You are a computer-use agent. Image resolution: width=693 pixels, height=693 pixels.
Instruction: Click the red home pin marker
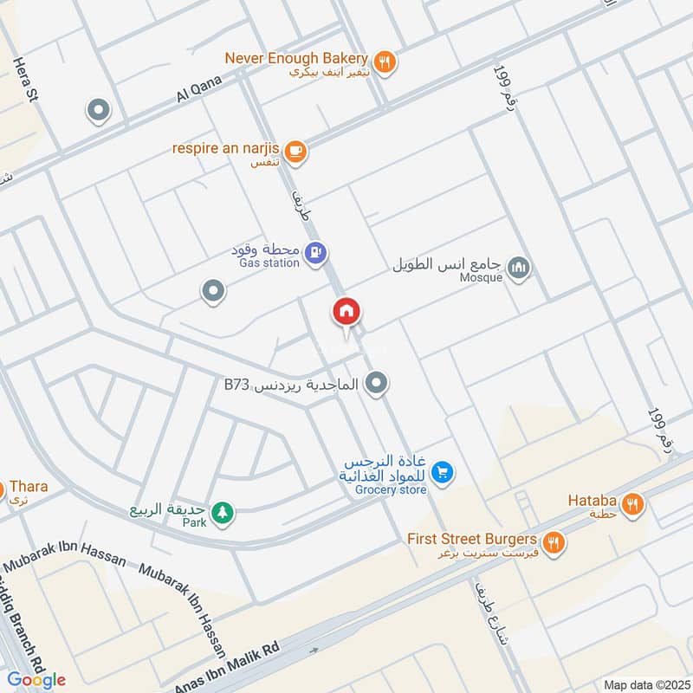(x=346, y=313)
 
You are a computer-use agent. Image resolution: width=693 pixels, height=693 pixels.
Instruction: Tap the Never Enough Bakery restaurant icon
(x=385, y=61)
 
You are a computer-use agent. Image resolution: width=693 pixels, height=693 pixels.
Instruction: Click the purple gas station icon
(x=316, y=252)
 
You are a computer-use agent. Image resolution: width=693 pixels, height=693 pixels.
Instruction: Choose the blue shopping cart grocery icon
(x=443, y=473)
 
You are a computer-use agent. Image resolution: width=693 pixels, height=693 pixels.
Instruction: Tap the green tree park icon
(x=223, y=513)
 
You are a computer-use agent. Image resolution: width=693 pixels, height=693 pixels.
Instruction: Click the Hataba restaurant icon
(x=633, y=502)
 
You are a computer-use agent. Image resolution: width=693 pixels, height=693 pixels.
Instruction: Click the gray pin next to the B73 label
(x=376, y=382)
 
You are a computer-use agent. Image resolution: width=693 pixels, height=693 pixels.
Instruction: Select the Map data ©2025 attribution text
(x=644, y=684)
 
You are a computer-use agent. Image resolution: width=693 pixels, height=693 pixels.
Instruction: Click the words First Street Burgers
(x=472, y=539)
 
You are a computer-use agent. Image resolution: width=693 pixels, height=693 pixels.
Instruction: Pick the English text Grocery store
(x=390, y=490)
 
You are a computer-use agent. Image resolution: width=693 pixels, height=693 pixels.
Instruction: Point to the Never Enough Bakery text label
(x=296, y=58)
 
